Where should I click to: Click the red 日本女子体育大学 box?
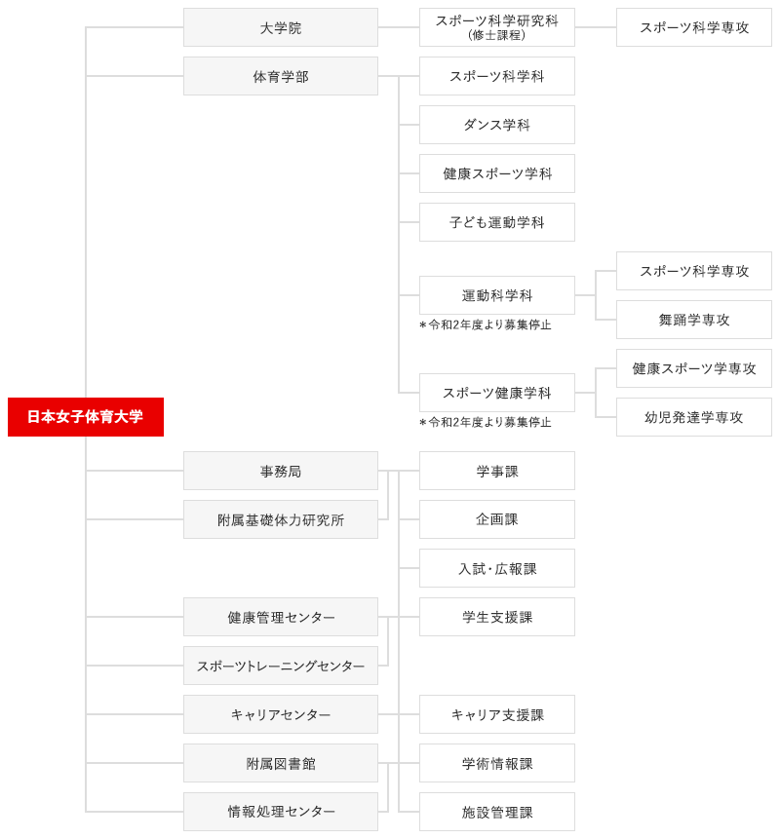[x=86, y=417]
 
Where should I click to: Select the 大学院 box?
[x=281, y=27]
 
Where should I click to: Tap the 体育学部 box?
[x=281, y=76]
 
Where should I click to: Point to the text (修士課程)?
[x=497, y=35]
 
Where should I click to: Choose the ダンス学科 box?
[x=497, y=125]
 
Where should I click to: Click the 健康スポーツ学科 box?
[x=497, y=173]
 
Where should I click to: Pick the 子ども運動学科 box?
[x=497, y=222]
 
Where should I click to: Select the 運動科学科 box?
[x=497, y=295]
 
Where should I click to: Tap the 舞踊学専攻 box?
[x=694, y=320]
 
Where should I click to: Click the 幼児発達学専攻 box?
[x=694, y=417]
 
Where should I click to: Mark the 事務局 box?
[x=281, y=471]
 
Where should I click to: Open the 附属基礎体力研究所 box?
[x=281, y=519]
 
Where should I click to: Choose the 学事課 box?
[x=497, y=471]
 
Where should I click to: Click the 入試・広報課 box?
[x=497, y=568]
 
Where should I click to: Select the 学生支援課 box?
[x=497, y=617]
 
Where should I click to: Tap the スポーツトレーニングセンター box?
[x=281, y=666]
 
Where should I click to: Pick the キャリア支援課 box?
[x=497, y=714]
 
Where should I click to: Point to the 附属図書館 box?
[x=281, y=763]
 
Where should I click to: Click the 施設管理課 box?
[x=497, y=812]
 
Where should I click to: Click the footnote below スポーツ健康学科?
[x=485, y=422]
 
